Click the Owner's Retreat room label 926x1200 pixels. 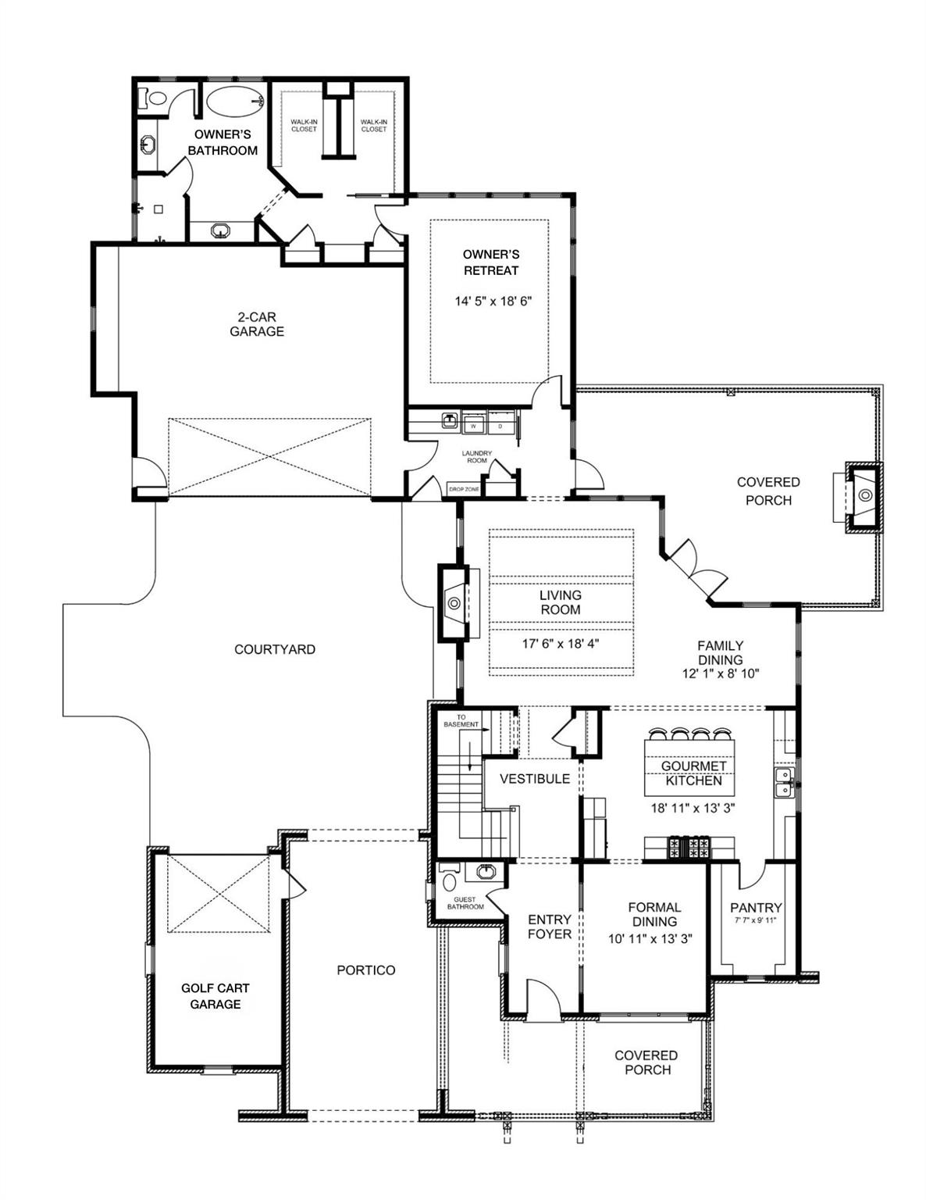(x=490, y=262)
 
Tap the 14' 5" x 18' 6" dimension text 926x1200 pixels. (x=493, y=301)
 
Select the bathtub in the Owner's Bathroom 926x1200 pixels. (x=234, y=101)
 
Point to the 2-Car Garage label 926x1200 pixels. (x=257, y=324)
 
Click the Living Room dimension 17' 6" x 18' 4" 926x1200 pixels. (x=561, y=644)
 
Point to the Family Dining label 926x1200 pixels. (x=720, y=652)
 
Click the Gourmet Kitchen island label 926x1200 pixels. (x=693, y=773)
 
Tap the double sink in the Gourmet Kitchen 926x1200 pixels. (x=783, y=781)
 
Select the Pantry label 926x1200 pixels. (x=756, y=907)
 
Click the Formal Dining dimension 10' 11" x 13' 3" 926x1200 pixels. (x=651, y=939)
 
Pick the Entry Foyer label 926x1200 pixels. (x=550, y=927)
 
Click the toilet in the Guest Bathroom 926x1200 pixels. (x=450, y=882)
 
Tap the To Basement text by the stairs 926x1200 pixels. (x=461, y=721)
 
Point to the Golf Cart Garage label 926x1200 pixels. (x=215, y=996)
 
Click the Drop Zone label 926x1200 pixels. (x=464, y=489)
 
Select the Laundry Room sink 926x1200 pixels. (x=450, y=421)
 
